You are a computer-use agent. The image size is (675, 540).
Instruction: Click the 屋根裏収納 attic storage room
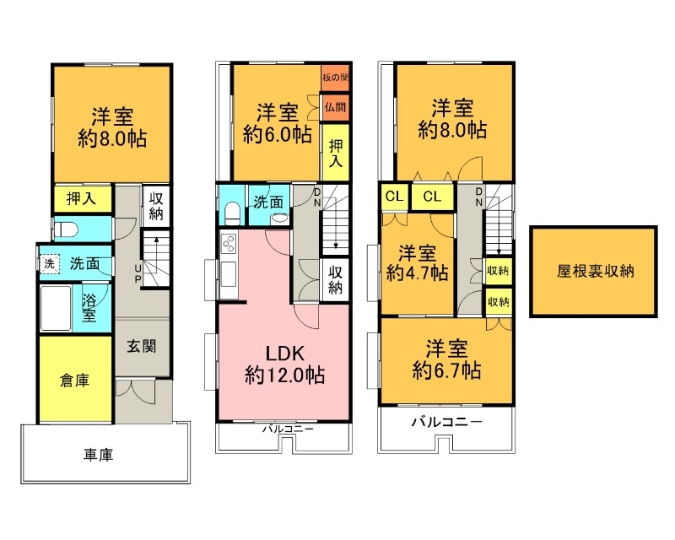(593, 272)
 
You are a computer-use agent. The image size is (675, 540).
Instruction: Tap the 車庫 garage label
(98, 455)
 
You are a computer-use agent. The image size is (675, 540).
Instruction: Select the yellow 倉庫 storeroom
(74, 380)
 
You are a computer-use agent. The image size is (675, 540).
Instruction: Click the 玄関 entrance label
(142, 346)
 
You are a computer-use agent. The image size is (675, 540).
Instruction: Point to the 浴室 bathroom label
(89, 307)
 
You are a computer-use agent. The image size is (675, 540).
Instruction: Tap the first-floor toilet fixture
(67, 229)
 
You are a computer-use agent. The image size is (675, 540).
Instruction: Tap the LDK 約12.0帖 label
(284, 363)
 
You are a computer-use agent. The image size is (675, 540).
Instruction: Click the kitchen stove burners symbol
(229, 245)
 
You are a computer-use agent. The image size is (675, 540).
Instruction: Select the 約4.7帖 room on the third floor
(417, 263)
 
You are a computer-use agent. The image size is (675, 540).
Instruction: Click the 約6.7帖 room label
(446, 359)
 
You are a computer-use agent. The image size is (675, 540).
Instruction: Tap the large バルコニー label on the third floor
(446, 420)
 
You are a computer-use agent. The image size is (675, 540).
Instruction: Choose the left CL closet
(394, 197)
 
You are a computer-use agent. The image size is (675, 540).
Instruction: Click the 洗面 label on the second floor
(270, 202)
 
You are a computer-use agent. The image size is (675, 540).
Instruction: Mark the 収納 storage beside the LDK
(335, 279)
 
